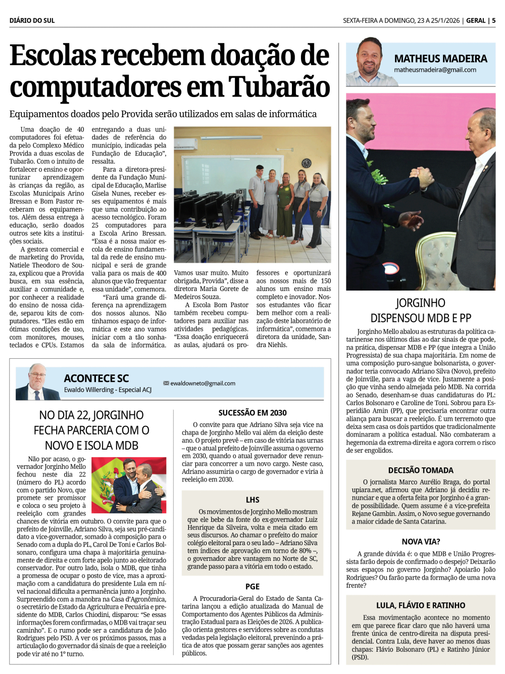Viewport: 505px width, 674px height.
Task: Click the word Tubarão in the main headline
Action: click(279, 86)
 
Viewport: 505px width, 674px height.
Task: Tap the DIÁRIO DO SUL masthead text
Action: click(32, 21)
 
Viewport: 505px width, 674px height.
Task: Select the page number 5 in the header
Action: click(493, 21)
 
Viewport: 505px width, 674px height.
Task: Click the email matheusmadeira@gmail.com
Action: click(435, 70)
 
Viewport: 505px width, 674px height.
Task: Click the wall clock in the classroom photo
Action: click(307, 163)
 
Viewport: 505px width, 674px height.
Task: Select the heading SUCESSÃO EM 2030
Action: click(252, 413)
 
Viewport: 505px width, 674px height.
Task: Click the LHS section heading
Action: click(252, 500)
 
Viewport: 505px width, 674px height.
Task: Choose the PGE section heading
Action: click(252, 587)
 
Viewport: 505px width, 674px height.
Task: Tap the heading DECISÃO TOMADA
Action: click(421, 470)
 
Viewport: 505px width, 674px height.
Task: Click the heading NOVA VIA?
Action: click(421, 542)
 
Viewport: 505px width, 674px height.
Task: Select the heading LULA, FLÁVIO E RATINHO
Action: click(421, 605)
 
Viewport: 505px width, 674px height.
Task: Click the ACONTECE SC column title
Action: click(96, 378)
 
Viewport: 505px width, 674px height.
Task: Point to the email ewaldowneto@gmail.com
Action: click(203, 383)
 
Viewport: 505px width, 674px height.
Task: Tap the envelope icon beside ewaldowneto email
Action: click(166, 383)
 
